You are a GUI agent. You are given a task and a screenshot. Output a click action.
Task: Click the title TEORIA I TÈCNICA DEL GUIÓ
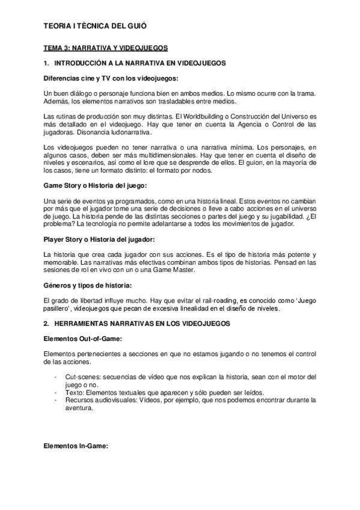pos(96,26)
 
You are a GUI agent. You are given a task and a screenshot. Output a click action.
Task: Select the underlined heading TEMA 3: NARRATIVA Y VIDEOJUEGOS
pos(106,47)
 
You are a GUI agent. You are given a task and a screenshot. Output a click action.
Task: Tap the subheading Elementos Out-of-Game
pos(84,339)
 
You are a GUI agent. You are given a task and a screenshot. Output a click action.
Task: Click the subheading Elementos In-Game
pos(76,447)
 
